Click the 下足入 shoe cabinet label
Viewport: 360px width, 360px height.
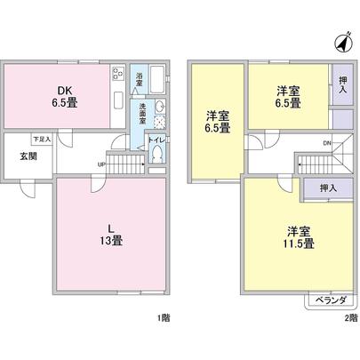[x=42, y=139]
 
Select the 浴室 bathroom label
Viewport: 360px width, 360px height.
[x=140, y=78]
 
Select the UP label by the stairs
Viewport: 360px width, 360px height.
[x=103, y=164]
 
